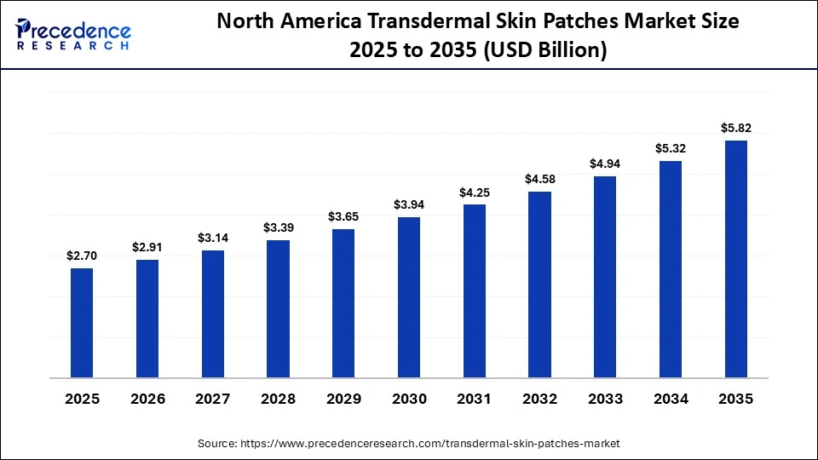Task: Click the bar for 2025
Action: point(82,323)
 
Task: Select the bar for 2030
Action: point(409,297)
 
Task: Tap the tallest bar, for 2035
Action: point(735,259)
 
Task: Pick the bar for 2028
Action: point(278,308)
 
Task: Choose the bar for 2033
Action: point(605,277)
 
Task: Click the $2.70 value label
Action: point(82,256)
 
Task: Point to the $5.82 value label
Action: point(735,129)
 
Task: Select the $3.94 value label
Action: point(409,204)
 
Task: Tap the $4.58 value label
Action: point(539,179)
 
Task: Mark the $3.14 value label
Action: point(212,238)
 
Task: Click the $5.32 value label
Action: point(671,148)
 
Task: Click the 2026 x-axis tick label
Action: point(147,399)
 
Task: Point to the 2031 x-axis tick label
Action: point(474,399)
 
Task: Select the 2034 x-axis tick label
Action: point(671,399)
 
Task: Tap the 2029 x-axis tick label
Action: point(343,399)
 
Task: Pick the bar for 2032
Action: point(539,285)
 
